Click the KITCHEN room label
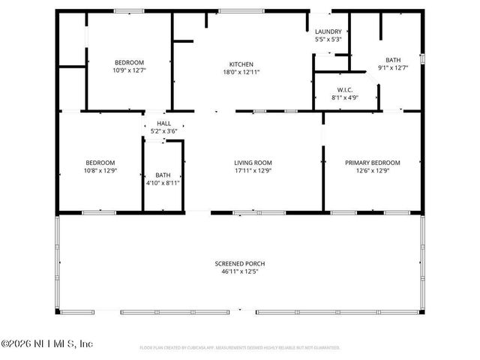241,64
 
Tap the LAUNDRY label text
328,31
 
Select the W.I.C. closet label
345,89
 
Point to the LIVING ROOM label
253,163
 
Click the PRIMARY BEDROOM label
372,163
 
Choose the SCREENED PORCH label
240,263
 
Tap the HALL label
163,124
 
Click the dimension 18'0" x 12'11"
241,73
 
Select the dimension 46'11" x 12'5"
240,271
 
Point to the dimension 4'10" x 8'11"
163,182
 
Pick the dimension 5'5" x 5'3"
328,39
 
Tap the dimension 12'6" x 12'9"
372,170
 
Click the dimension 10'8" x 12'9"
100,170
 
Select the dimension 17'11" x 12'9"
253,170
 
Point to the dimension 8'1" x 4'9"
345,97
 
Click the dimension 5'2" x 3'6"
163,131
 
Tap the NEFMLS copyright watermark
46,344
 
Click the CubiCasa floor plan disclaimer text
240,347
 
